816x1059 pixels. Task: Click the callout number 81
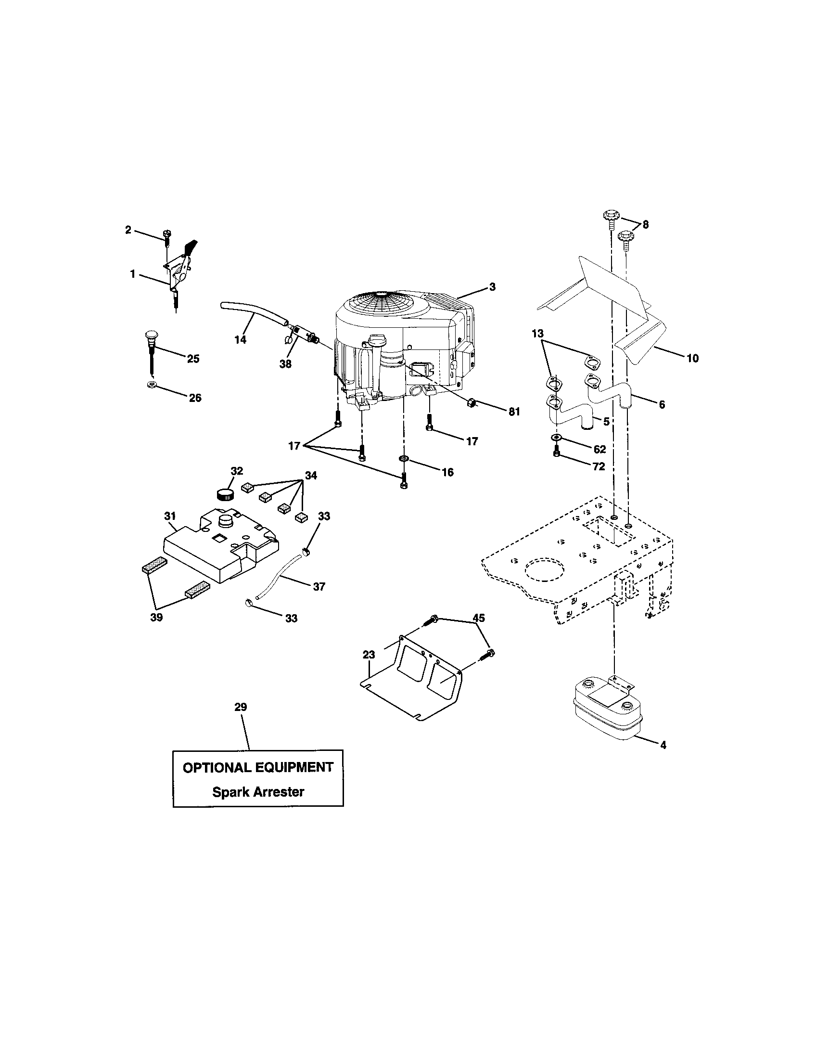(x=514, y=412)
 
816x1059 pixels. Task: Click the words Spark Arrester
(x=258, y=792)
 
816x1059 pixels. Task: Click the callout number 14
(x=240, y=340)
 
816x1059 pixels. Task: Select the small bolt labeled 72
(x=557, y=453)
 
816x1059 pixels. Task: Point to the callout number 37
(x=319, y=587)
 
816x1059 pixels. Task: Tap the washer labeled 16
(x=403, y=458)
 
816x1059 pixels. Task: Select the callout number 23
(x=369, y=655)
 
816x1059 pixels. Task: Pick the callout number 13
(x=537, y=334)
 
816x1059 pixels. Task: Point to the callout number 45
(x=479, y=618)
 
